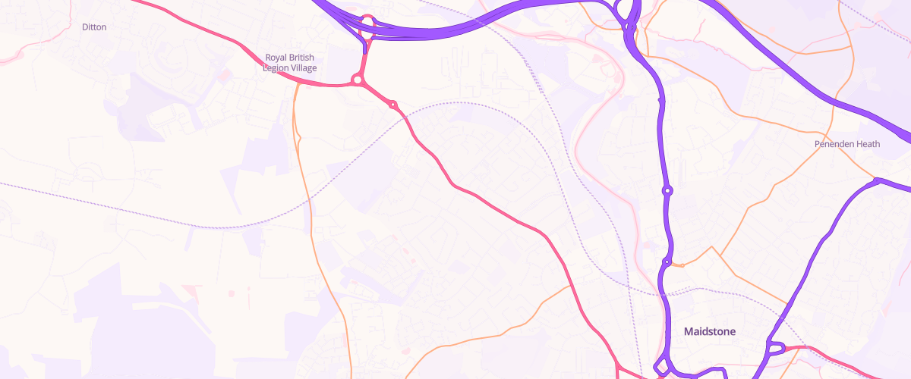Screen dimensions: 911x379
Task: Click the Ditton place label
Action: pos(94,27)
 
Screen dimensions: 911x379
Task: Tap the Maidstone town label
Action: pos(710,331)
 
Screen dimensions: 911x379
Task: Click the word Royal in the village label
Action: pos(277,58)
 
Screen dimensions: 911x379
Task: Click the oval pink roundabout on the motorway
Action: pos(367,25)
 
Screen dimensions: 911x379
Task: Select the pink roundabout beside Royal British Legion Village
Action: pos(357,79)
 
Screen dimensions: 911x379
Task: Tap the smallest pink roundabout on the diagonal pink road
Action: pos(393,105)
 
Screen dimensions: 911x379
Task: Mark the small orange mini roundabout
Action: pos(682,265)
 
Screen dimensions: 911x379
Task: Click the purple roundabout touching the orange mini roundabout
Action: pos(667,263)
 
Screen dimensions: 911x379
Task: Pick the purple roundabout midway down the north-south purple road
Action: pos(667,191)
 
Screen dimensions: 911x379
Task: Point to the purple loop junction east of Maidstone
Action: pos(775,349)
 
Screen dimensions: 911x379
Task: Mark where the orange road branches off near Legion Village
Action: pos(297,84)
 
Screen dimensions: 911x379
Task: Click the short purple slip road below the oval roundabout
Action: pos(365,46)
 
